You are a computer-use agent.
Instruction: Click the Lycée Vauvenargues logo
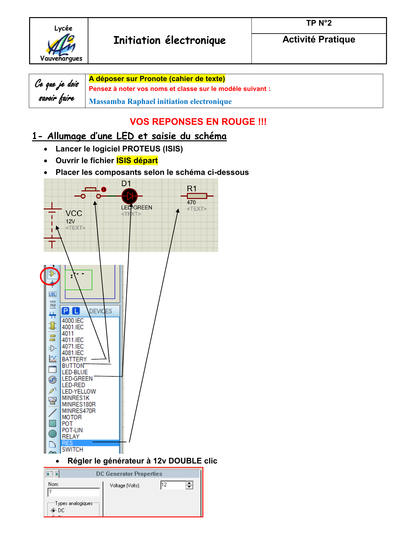coord(61,43)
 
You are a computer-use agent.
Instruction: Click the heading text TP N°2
coord(319,23)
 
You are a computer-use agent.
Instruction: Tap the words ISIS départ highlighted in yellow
coord(137,161)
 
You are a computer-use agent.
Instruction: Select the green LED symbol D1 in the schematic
coord(130,196)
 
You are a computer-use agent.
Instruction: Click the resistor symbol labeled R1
coord(197,196)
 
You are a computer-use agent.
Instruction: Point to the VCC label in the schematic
coord(74,213)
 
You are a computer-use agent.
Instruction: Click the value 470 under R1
coord(191,202)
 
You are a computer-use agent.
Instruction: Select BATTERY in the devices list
coord(74,359)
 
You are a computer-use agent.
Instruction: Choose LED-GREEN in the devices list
coord(77,379)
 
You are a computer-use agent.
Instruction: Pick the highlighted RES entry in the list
coord(67,443)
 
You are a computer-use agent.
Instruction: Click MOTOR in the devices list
coord(72,417)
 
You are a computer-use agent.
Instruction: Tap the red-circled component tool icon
coord(52,274)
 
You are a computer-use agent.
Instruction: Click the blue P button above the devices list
coord(66,311)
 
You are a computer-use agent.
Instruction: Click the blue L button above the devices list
coord(76,311)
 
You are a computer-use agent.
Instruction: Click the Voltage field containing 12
coord(173,485)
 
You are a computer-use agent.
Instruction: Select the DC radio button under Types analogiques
coord(53,510)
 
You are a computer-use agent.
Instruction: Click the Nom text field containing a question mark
coord(73,492)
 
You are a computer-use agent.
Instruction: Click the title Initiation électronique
coord(170,41)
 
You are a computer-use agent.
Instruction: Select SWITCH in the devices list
coord(73,450)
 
